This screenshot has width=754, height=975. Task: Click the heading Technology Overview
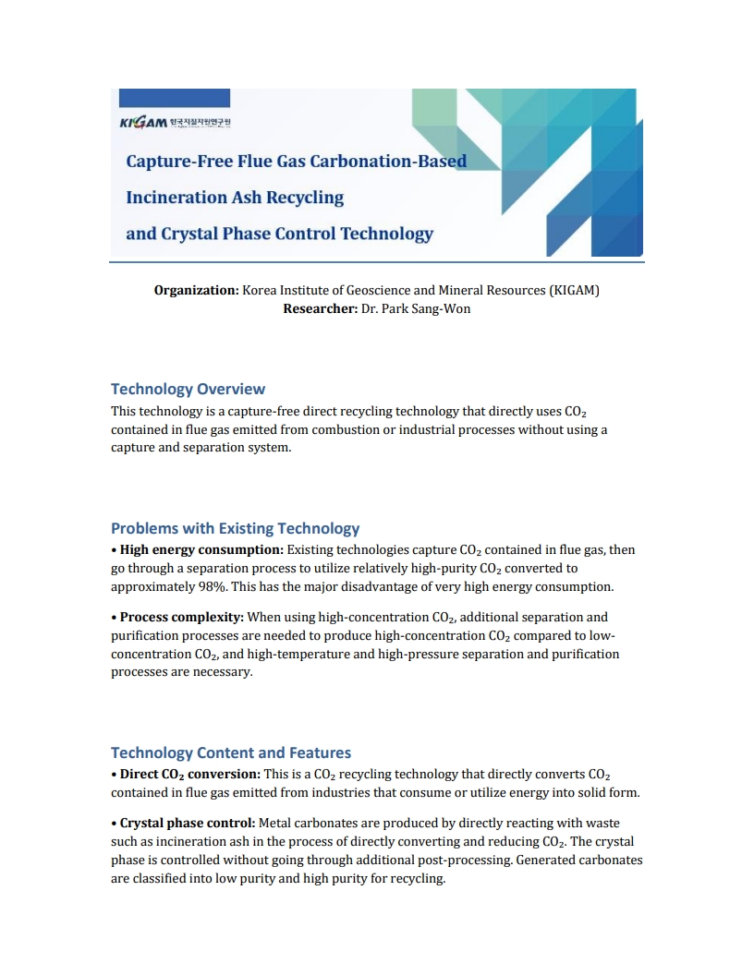[x=188, y=389]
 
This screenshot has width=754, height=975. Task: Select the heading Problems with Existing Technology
[x=235, y=528]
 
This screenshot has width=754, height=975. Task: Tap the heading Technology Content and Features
[x=231, y=752]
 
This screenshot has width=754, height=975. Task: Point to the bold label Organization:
[x=196, y=290]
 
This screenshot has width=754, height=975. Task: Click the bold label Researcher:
[x=320, y=308]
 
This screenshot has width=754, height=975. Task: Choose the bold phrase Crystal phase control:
[x=188, y=823]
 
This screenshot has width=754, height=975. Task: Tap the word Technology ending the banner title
[x=386, y=233]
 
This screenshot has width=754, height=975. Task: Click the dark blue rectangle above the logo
[x=170, y=98]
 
